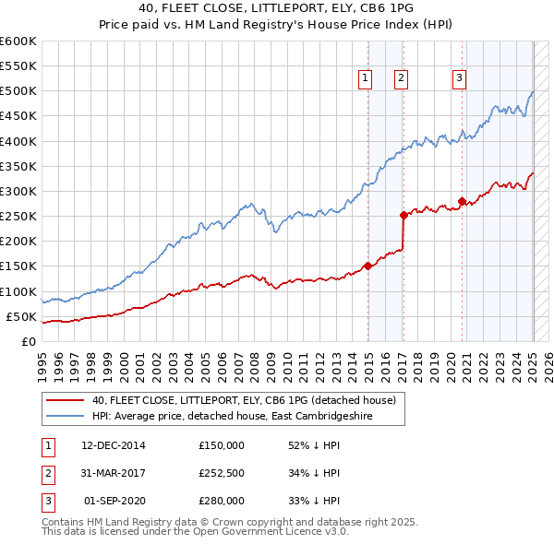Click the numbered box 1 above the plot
(367, 79)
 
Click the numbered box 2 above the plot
(402, 79)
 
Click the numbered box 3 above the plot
(459, 79)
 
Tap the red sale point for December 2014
(367, 266)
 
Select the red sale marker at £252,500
(403, 215)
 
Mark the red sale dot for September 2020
(462, 201)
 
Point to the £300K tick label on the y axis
(18, 191)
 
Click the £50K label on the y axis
(22, 316)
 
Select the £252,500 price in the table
(222, 473)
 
